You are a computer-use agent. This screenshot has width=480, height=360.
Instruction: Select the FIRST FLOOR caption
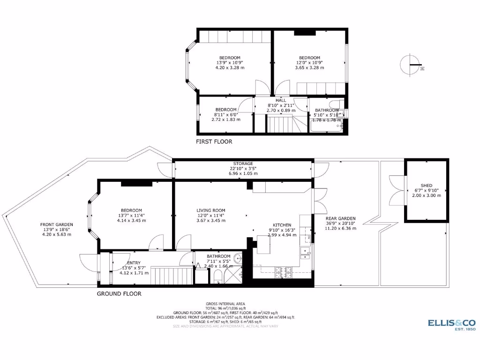coord(214,141)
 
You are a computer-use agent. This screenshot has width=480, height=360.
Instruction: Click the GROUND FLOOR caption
coord(119,294)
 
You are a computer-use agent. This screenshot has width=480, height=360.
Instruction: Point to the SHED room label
coord(426,186)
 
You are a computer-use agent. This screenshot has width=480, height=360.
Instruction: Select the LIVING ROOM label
coord(211,210)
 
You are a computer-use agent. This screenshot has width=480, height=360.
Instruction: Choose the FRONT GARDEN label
coord(56,225)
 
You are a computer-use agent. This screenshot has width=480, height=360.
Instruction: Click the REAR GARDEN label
coord(341,218)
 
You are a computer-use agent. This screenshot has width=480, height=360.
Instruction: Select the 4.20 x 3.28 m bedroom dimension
coord(229,67)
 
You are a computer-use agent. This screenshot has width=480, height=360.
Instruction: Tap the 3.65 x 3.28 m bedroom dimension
coord(309,67)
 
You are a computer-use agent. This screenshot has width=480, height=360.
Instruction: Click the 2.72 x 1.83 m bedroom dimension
coord(226,119)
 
